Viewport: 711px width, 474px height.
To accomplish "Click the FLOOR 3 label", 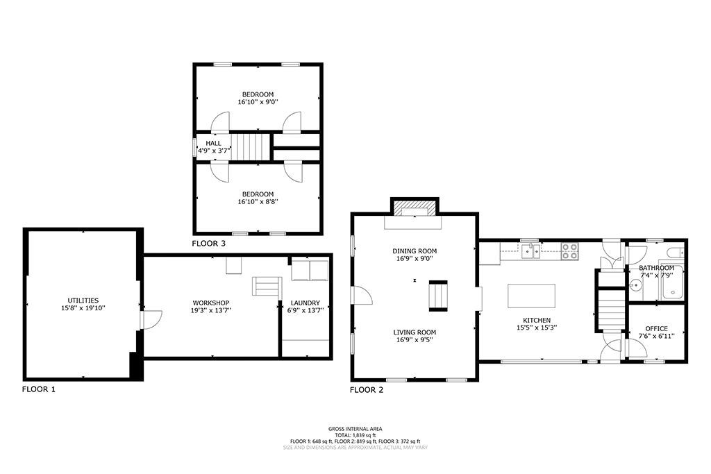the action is click(x=208, y=244).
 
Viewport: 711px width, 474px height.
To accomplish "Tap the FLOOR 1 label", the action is click(x=39, y=389).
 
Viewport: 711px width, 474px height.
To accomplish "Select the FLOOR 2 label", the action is click(x=367, y=390).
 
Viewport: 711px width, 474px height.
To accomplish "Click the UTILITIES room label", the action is click(x=83, y=301).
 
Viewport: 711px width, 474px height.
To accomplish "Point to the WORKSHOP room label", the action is click(x=211, y=303).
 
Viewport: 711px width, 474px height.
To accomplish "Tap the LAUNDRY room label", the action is click(x=306, y=303).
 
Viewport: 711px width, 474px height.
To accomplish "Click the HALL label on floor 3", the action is click(x=214, y=143).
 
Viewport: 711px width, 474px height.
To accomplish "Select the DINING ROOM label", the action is click(x=415, y=251).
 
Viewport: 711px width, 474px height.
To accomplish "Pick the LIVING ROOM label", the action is click(x=415, y=332).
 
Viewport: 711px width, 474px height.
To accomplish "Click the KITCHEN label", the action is click(x=537, y=320).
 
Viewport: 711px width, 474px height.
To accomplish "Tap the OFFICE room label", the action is click(x=657, y=328).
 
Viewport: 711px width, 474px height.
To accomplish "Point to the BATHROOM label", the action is click(x=657, y=268).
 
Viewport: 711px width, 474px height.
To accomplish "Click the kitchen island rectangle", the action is click(x=531, y=296).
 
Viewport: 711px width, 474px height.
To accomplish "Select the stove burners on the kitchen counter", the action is click(x=570, y=251).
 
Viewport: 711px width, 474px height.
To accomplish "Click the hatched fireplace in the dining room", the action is click(x=415, y=209).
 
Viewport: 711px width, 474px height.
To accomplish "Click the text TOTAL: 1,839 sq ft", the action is click(x=355, y=435).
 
